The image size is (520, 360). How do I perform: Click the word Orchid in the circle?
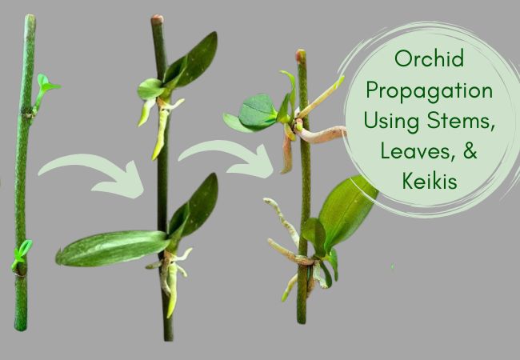tap(429, 58)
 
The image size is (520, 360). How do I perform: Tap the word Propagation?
tap(429, 90)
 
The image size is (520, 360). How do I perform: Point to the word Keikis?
tap(430, 181)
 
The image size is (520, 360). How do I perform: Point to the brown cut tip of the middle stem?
tap(157, 19)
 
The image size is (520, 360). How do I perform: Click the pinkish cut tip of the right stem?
tap(301, 55)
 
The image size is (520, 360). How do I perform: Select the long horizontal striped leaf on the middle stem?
tap(111, 247)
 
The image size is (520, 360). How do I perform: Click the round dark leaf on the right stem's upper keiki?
tap(257, 111)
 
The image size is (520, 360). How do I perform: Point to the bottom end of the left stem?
tap(21, 328)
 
